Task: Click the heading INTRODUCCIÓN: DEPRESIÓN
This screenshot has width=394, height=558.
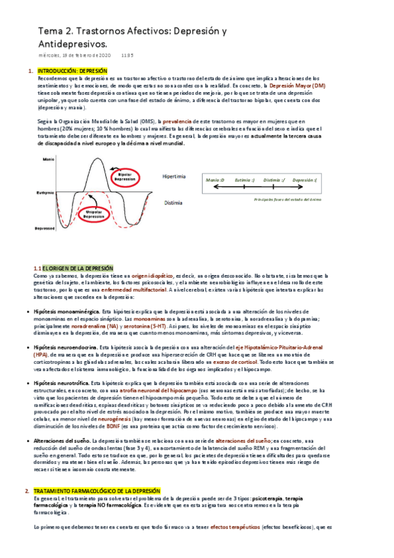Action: click(x=72, y=70)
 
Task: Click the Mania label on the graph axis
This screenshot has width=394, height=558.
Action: click(x=48, y=159)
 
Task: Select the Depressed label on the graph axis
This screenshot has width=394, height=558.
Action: click(x=46, y=228)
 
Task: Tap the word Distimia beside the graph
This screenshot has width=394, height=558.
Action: click(x=173, y=203)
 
